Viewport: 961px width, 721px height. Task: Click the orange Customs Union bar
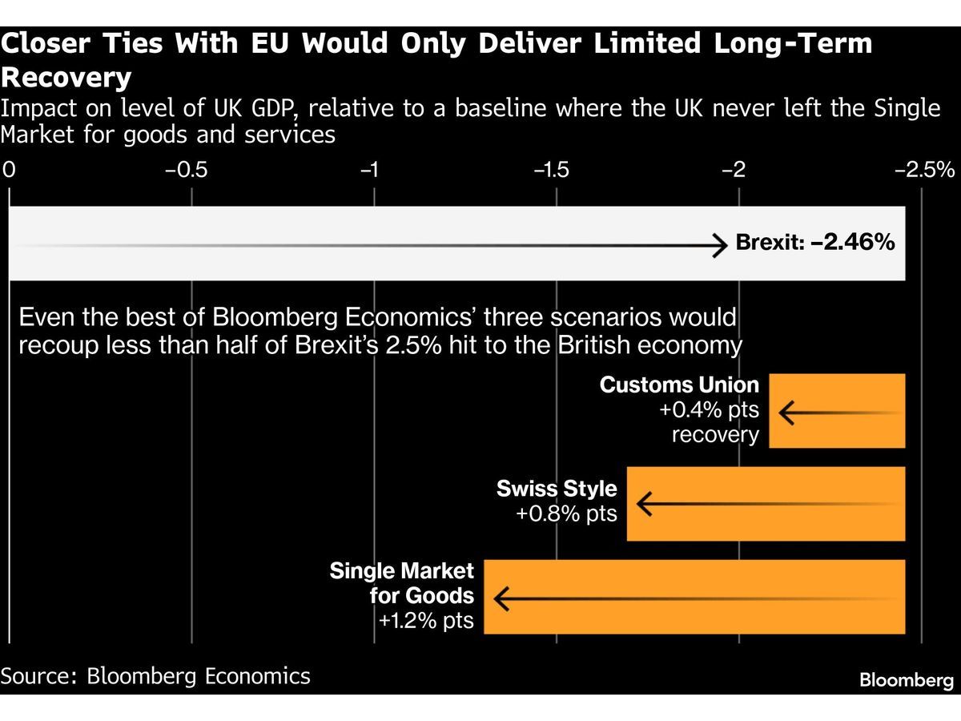(x=837, y=411)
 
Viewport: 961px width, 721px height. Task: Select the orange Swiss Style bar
(x=766, y=503)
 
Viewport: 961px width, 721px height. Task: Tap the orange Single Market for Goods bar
(x=694, y=597)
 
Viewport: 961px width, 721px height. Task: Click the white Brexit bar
(x=457, y=244)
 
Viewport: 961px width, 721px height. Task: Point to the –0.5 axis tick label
(x=186, y=170)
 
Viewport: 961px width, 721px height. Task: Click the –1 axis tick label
(x=369, y=170)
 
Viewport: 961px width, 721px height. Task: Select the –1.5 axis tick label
(x=552, y=170)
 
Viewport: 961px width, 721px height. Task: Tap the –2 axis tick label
(x=734, y=170)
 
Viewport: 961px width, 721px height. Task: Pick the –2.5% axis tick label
(x=925, y=170)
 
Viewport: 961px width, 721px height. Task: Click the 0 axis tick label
(x=9, y=170)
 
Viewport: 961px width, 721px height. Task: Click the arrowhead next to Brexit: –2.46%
(x=720, y=245)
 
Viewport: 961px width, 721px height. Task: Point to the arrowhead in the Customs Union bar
(x=786, y=413)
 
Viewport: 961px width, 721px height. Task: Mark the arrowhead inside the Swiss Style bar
(x=645, y=504)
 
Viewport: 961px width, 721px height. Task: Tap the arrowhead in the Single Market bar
(x=501, y=599)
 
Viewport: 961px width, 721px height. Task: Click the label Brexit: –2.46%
(x=815, y=242)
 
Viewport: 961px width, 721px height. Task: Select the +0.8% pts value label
(x=566, y=514)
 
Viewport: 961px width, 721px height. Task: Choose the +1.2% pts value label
(x=426, y=621)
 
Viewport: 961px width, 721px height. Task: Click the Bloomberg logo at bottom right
(x=907, y=680)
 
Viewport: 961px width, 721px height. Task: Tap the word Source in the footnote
(x=39, y=676)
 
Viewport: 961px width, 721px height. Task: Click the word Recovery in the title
(x=66, y=77)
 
